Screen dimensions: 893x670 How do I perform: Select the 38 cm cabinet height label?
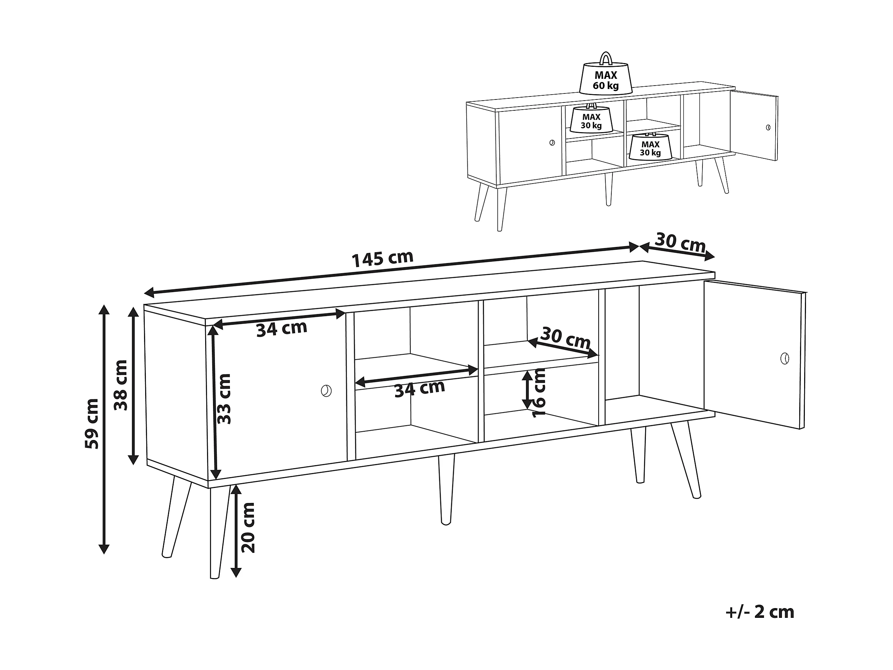(120, 385)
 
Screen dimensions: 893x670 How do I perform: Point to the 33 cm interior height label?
(224, 399)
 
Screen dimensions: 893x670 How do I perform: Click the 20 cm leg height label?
(248, 528)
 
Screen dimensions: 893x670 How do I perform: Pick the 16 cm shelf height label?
(539, 393)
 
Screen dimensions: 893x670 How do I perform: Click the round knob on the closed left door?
(326, 391)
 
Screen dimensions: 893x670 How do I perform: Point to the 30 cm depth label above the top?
(680, 243)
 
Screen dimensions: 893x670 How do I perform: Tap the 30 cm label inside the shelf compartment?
(566, 338)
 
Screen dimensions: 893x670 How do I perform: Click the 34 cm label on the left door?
(282, 328)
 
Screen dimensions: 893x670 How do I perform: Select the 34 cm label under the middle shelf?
(419, 389)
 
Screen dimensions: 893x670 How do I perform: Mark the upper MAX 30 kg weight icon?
(591, 120)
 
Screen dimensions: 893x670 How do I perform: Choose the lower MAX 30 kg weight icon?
(650, 148)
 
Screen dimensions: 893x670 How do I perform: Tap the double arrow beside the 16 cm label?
(527, 390)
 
